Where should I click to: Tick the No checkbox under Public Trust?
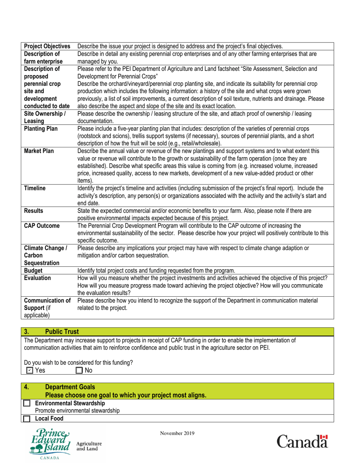(x=79, y=369)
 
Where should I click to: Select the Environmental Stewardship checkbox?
(x=27, y=403)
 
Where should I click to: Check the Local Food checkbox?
(x=27, y=418)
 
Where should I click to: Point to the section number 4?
(x=27, y=387)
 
